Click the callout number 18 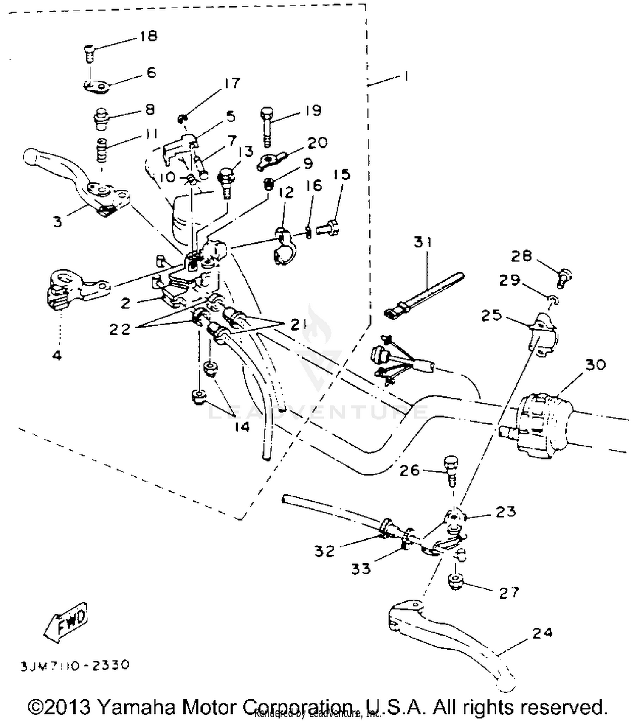pyautogui.click(x=148, y=36)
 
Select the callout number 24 pyautogui.click(x=542, y=633)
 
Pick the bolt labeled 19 pyautogui.click(x=267, y=126)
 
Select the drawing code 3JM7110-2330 pyautogui.click(x=75, y=665)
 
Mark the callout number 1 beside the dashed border pyautogui.click(x=406, y=77)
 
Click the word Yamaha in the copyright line pyautogui.click(x=138, y=707)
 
